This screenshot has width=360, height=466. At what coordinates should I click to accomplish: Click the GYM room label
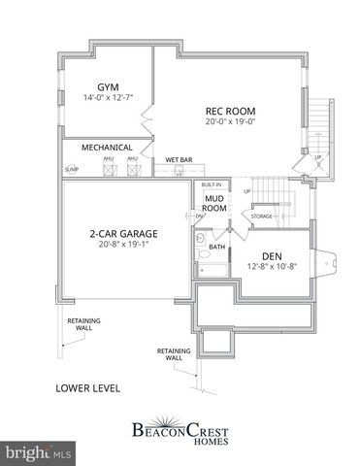[x=102, y=86]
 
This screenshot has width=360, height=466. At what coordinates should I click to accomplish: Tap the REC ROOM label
[x=229, y=110]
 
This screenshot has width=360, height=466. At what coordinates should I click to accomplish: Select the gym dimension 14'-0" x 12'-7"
[x=103, y=98]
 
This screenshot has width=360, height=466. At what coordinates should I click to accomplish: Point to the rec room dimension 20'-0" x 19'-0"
[x=229, y=121]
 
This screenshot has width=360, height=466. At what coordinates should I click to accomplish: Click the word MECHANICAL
[x=106, y=148]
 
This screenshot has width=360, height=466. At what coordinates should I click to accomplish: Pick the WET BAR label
[x=178, y=158]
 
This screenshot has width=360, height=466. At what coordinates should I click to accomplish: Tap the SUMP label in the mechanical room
[x=71, y=169]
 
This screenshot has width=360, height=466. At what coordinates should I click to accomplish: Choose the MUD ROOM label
[x=214, y=202]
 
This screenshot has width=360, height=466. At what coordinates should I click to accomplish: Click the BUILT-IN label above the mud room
[x=212, y=183]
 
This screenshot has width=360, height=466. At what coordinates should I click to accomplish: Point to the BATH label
[x=216, y=247]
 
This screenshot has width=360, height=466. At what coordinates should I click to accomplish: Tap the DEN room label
[x=272, y=256]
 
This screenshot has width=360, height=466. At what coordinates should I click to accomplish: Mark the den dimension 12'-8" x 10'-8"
[x=272, y=268]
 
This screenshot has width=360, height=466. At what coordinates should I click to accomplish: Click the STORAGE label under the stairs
[x=262, y=216]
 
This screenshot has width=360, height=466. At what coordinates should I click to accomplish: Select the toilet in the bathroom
[x=200, y=237]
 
